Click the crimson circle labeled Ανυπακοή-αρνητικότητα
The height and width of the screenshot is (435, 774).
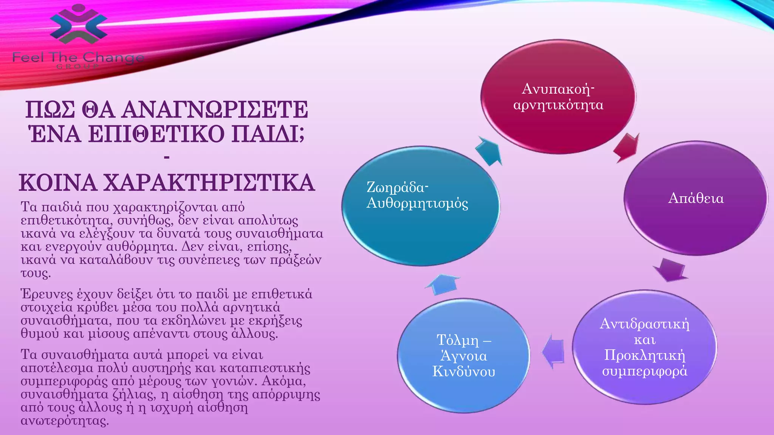coord(558,97)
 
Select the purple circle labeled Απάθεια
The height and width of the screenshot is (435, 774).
coord(695,198)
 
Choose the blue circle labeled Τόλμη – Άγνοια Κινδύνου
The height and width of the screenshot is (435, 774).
coord(463,356)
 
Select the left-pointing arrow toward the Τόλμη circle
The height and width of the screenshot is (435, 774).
coord(553,351)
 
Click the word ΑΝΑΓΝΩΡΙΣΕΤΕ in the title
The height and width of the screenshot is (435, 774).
coord(214,110)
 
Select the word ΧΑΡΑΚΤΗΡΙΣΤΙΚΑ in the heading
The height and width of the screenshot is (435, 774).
coord(209,183)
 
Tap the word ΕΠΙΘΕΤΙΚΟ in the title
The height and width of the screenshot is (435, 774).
coord(156,134)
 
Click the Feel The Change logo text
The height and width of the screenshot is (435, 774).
coord(78,58)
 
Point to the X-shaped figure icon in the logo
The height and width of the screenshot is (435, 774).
coord(79,23)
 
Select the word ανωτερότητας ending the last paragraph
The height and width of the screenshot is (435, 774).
coord(64,421)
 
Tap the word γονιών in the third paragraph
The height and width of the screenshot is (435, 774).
coord(234,381)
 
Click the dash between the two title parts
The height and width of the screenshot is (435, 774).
coord(167,158)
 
